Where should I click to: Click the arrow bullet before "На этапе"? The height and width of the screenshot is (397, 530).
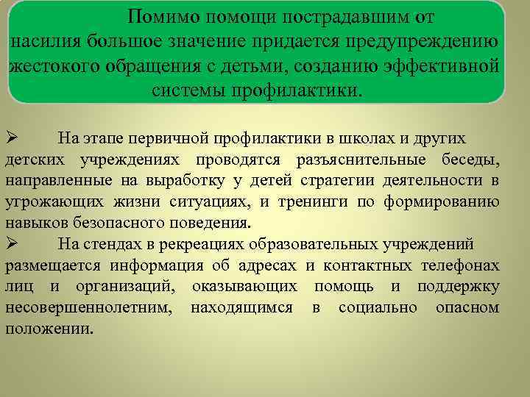pyautogui.click(x=11, y=137)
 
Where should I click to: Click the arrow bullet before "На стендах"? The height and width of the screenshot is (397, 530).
pyautogui.click(x=11, y=244)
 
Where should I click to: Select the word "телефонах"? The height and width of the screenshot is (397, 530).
pyautogui.click(x=460, y=266)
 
